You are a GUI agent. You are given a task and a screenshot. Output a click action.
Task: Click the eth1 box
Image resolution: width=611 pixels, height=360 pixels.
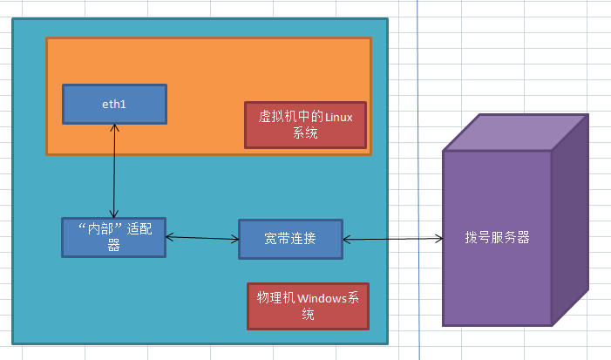tap(114, 104)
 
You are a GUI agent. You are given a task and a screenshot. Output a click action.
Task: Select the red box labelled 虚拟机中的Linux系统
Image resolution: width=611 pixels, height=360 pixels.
tap(305, 125)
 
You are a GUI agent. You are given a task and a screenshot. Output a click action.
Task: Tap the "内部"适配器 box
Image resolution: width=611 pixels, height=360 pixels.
tap(113, 237)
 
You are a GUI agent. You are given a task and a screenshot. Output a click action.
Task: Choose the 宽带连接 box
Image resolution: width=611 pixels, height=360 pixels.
tap(290, 238)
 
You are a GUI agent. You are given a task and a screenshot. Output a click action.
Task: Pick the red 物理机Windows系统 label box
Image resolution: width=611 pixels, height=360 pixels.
tap(308, 306)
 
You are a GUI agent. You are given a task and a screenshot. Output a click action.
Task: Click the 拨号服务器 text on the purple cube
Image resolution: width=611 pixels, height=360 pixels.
tap(498, 237)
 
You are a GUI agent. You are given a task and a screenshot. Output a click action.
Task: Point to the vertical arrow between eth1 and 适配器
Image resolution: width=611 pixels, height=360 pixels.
tap(114, 170)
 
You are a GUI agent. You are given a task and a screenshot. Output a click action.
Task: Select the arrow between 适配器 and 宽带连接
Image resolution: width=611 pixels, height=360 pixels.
tap(202, 237)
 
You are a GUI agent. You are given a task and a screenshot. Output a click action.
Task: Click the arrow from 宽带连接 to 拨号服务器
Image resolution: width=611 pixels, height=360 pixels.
tap(392, 237)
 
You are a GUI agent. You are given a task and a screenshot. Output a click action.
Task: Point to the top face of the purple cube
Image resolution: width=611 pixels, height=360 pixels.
tap(510, 132)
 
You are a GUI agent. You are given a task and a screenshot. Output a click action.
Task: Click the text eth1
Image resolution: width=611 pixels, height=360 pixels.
tap(114, 104)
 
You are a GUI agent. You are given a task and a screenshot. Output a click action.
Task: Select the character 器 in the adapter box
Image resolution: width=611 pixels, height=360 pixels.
tap(113, 246)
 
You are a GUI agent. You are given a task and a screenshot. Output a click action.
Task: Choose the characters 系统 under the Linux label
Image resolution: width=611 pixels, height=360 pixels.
tap(305, 133)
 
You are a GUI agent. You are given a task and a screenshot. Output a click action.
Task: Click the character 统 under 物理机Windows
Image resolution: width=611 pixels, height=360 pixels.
tap(308, 315)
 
